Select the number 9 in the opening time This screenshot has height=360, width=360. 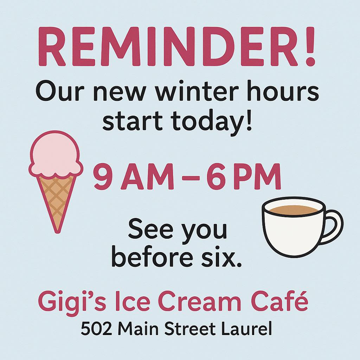pos(103,177)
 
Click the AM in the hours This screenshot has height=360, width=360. pos(147,177)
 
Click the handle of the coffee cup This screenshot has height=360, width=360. pos(334,226)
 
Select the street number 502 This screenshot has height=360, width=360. pos(97,329)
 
